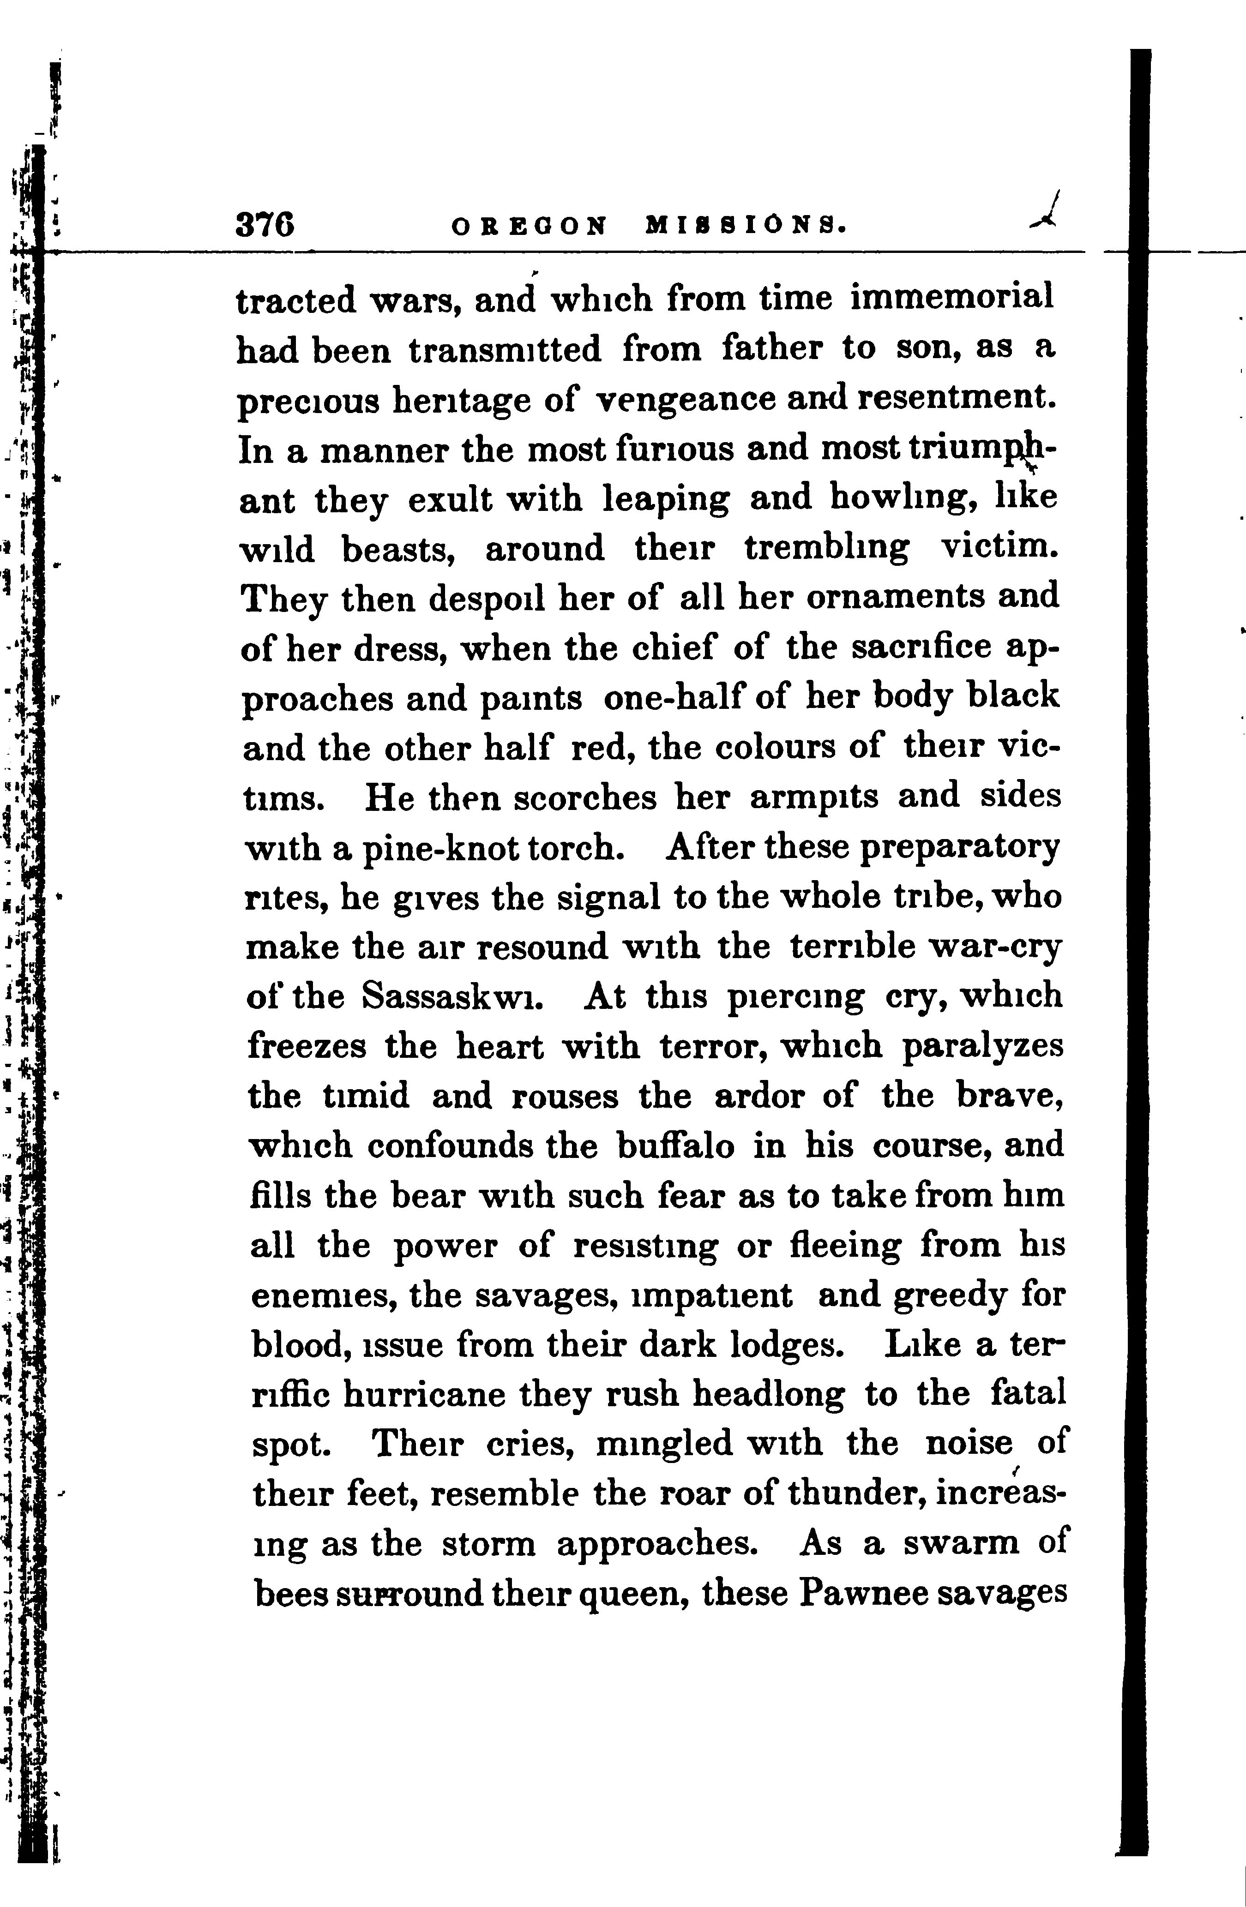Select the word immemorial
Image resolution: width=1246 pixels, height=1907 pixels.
click(x=952, y=298)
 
